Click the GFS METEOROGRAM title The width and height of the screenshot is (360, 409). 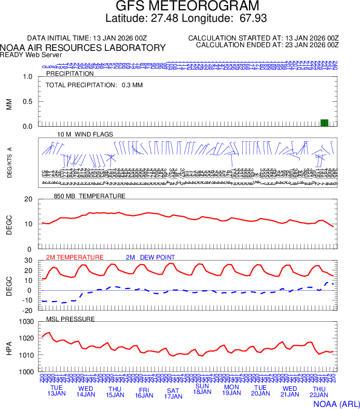[187, 6]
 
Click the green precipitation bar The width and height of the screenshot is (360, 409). [324, 122]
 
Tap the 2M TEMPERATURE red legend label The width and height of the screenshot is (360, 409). [75, 257]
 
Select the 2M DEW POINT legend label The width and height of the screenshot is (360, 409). [150, 257]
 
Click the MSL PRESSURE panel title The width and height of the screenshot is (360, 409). [71, 319]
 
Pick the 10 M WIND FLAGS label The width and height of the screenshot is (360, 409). [85, 134]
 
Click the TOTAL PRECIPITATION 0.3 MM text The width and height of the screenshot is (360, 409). [94, 85]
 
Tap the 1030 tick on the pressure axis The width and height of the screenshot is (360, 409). [26, 322]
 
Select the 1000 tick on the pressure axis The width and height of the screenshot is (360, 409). [26, 372]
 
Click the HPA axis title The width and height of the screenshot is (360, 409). [9, 347]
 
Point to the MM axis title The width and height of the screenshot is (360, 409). [9, 104]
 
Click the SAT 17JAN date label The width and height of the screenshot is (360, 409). [173, 393]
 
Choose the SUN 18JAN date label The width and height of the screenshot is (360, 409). [202, 389]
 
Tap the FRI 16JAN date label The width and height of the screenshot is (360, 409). [144, 392]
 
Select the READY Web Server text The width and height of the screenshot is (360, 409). [31, 54]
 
